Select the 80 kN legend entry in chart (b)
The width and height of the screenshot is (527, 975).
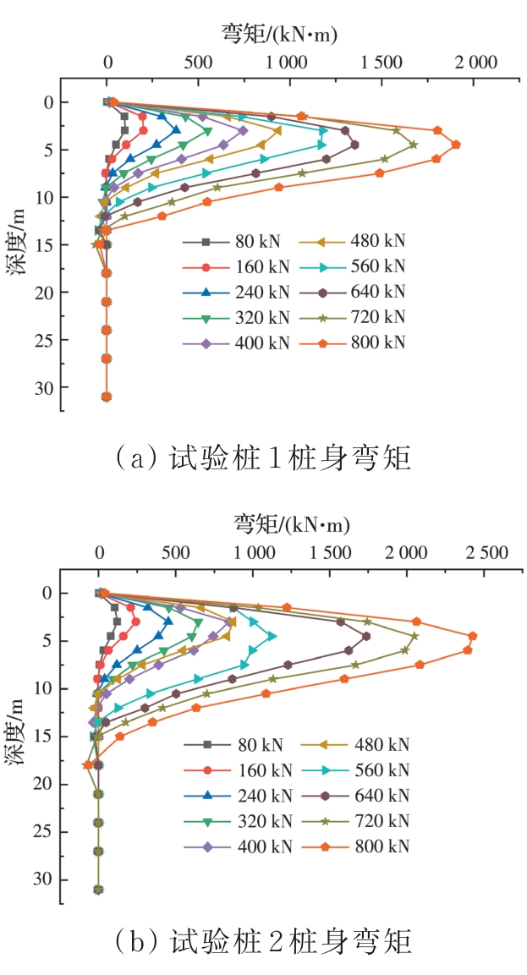237,745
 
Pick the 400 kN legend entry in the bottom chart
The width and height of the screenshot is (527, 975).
237,846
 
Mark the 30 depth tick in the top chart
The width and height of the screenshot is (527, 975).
47,387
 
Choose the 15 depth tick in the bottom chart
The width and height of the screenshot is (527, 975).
47,737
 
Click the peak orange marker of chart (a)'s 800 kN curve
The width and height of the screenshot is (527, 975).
456,145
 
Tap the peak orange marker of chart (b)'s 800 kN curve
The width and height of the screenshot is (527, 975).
473,636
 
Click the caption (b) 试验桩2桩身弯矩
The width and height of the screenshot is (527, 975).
262,940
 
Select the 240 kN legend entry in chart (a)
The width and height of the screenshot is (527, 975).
237,292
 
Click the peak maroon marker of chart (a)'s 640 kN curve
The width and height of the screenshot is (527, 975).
354,145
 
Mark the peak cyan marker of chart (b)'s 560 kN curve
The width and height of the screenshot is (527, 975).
272,636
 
